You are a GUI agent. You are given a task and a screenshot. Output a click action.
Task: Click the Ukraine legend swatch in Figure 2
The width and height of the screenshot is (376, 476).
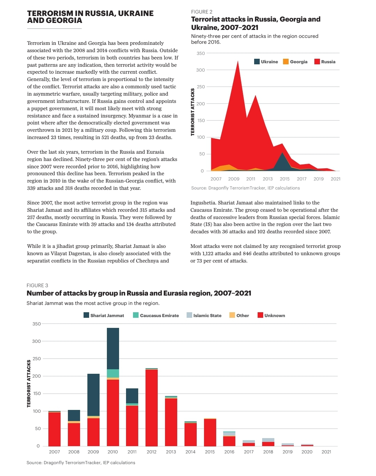257,62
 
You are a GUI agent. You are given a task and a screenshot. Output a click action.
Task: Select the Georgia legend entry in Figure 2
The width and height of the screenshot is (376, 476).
295,62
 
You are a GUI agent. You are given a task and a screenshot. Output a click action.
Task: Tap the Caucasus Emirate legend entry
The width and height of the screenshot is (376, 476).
156,315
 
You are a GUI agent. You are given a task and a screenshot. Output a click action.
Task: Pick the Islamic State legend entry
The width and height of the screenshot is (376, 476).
204,315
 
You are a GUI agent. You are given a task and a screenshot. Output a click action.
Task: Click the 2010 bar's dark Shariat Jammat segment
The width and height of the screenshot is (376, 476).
113,349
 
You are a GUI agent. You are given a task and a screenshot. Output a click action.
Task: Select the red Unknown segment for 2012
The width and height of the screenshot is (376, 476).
151,408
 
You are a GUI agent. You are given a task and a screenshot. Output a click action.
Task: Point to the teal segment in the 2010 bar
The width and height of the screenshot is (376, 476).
113,373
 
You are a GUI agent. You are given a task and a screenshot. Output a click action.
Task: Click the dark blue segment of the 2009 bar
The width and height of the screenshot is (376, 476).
93,395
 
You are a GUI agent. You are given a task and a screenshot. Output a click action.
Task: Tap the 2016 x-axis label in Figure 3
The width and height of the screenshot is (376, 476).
229,452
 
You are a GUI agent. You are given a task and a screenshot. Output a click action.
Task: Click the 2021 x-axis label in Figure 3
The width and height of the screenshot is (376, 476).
326,452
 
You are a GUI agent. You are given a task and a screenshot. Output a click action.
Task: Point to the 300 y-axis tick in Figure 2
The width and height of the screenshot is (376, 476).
201,70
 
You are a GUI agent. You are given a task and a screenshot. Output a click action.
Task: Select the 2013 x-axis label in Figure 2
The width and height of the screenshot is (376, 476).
267,179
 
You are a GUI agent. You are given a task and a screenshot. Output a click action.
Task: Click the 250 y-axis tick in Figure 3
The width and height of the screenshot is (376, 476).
37,358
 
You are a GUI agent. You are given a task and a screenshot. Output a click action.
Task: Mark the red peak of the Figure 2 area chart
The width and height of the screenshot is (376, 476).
238,61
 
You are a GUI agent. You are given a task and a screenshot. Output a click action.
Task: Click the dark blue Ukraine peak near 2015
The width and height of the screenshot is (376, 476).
282,153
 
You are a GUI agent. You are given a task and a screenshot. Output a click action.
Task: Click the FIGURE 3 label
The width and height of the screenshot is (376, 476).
37,285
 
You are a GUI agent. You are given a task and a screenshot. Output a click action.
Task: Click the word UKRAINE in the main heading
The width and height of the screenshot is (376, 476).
135,13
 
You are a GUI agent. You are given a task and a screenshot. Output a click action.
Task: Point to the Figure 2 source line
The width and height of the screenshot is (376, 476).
245,188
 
